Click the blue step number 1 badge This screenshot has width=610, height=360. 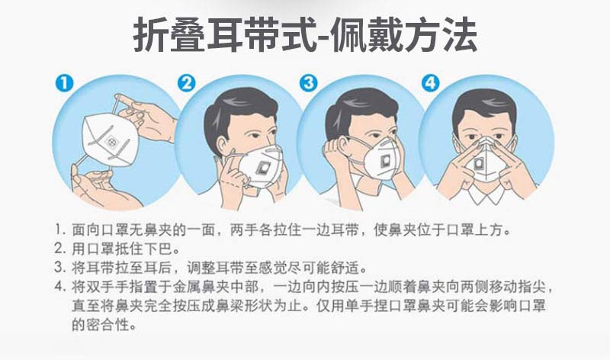click(x=64, y=83)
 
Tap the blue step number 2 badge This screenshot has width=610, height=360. click(x=187, y=83)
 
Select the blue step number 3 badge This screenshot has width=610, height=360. click(x=309, y=83)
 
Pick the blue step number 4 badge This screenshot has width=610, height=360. click(x=431, y=83)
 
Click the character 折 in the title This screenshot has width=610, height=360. click(x=150, y=35)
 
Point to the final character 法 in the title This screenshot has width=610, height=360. click(x=461, y=35)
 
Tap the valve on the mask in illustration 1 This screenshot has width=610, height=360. click(x=111, y=142)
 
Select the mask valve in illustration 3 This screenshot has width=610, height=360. click(x=386, y=160)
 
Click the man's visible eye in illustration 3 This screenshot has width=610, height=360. click(x=375, y=136)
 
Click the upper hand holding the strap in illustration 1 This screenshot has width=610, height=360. click(x=148, y=117)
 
